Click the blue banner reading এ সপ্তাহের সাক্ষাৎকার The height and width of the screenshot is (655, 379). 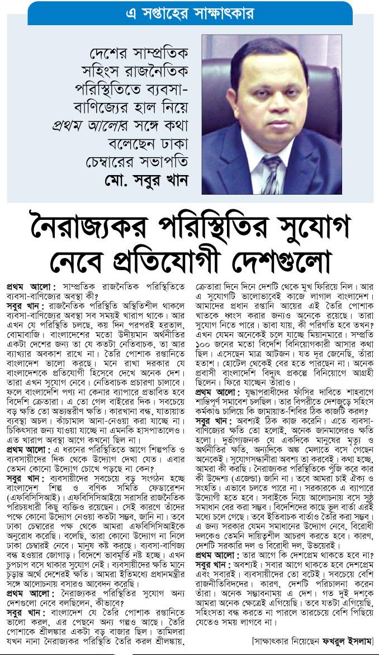point(190,12)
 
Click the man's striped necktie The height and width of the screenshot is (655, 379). point(272,174)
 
